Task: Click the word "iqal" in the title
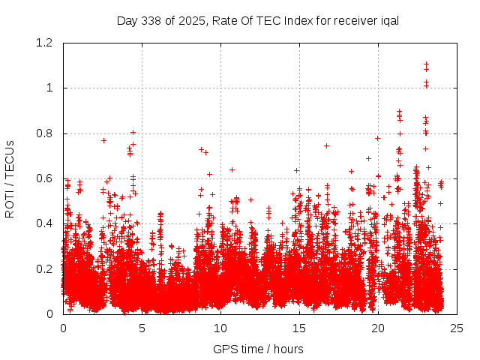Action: point(388,20)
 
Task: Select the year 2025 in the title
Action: point(193,20)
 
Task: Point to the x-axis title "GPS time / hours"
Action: point(258,349)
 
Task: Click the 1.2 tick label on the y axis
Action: point(46,43)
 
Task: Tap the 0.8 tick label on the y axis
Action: point(46,133)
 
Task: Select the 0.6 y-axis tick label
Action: point(46,178)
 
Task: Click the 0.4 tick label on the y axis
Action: point(46,223)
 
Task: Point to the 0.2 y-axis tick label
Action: point(46,268)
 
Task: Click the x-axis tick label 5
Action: point(142,328)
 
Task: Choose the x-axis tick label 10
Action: point(220,328)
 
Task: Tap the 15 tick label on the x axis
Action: point(299,328)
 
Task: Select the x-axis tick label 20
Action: point(378,328)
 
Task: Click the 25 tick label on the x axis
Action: point(457,328)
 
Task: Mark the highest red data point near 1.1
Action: point(426,64)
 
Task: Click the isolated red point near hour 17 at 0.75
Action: point(326,145)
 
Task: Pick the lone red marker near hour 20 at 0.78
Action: point(377,138)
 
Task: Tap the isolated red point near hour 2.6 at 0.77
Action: point(103,140)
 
